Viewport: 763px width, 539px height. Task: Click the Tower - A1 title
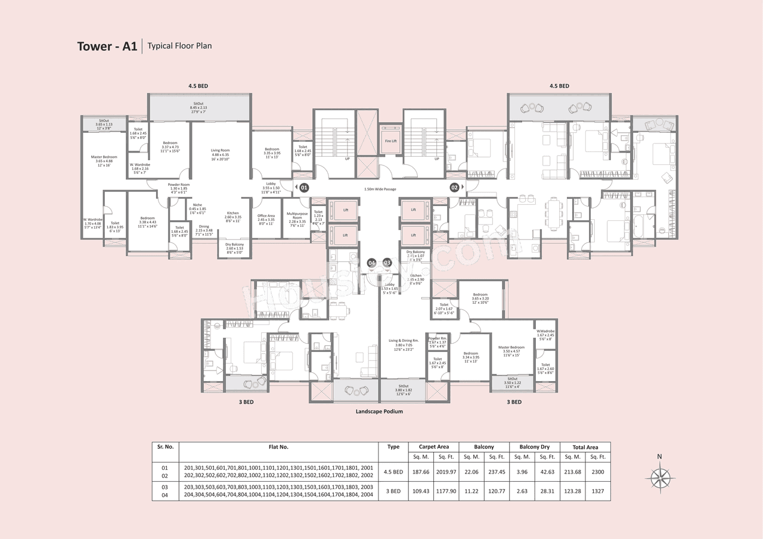tap(107, 46)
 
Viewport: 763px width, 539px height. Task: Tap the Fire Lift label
tap(390, 141)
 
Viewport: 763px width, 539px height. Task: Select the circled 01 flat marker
tap(303, 188)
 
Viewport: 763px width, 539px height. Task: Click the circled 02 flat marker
tap(454, 188)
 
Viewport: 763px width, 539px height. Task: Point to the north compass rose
tap(659, 476)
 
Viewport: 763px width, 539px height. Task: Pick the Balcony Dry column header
tap(534, 447)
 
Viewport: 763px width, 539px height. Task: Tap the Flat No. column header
tap(278, 447)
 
